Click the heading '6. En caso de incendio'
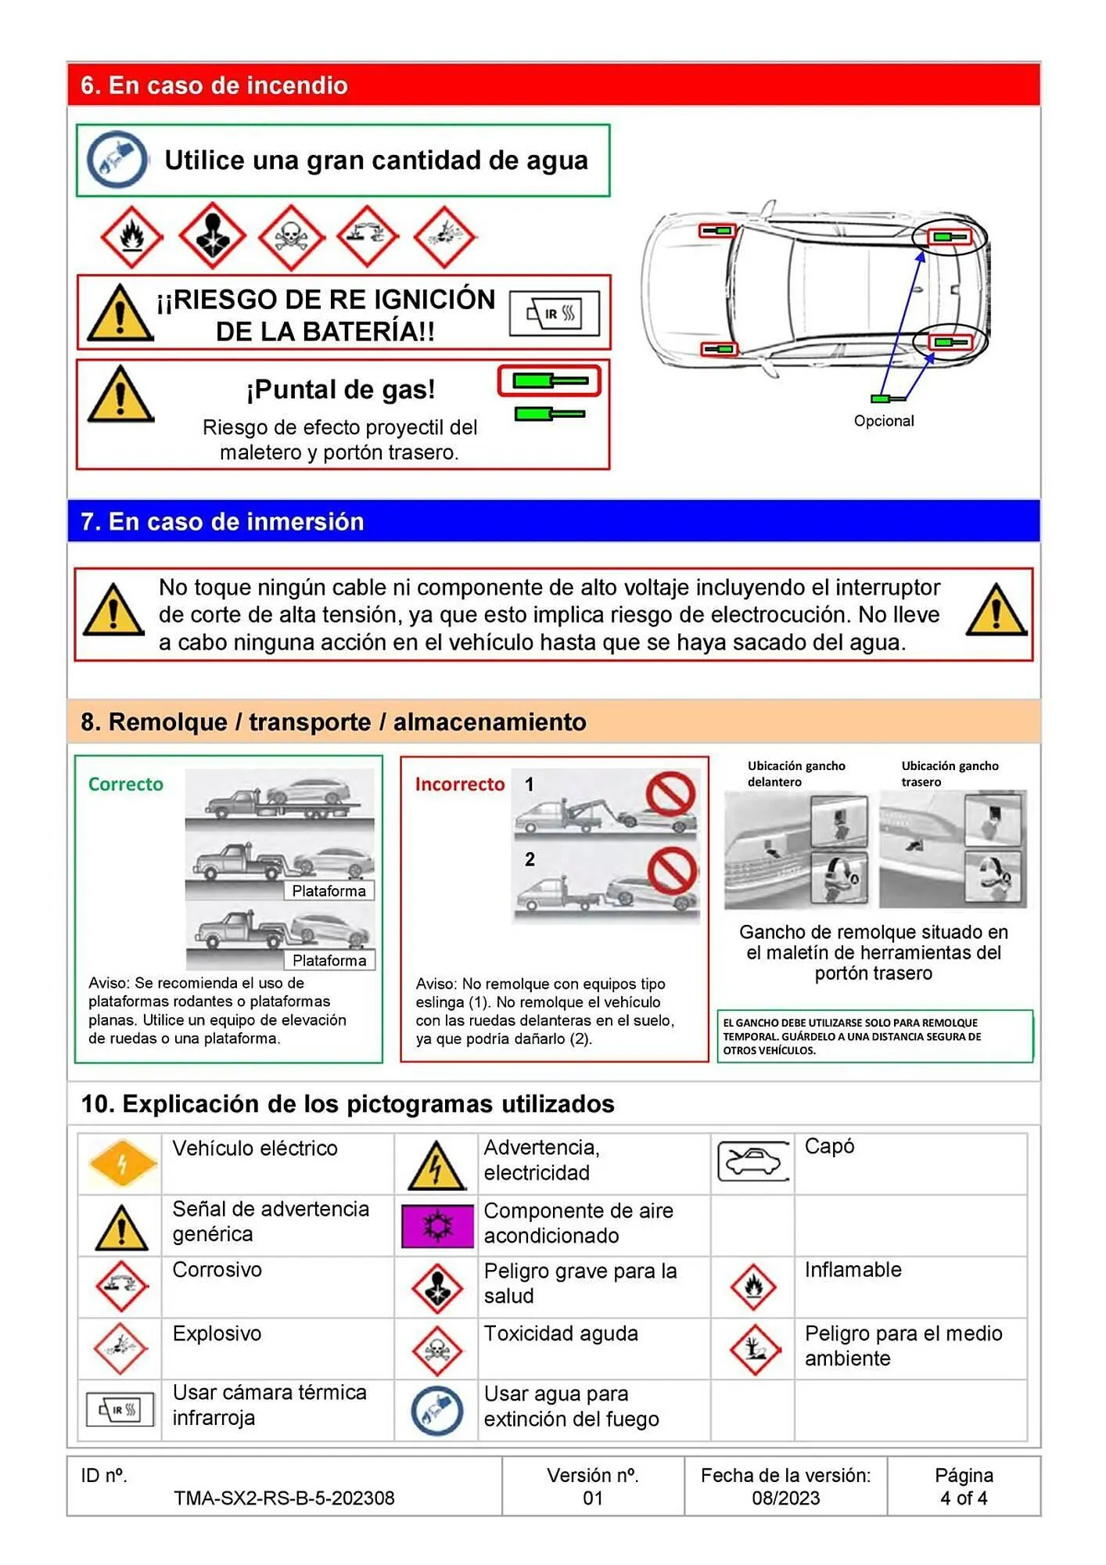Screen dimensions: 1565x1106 (214, 85)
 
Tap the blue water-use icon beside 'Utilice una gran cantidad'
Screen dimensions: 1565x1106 (117, 160)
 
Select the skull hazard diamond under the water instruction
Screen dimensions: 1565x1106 (290, 236)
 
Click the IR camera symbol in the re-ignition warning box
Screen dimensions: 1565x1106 (555, 314)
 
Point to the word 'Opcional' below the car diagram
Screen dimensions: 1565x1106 (883, 421)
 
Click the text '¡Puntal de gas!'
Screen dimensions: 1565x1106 (341, 389)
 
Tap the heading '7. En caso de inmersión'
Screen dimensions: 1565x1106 (222, 521)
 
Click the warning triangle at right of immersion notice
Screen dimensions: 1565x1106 (995, 610)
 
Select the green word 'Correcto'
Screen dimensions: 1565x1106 (126, 784)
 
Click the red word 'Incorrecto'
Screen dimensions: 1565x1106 (460, 784)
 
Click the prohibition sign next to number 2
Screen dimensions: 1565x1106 (672, 870)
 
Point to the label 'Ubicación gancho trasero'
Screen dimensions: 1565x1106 (949, 773)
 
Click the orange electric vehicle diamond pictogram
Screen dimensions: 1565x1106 (122, 1163)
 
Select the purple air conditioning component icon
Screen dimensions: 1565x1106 (437, 1225)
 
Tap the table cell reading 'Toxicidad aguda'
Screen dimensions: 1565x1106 (561, 1333)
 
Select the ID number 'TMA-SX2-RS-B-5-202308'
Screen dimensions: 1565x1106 (284, 1498)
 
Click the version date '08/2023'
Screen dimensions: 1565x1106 (785, 1498)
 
